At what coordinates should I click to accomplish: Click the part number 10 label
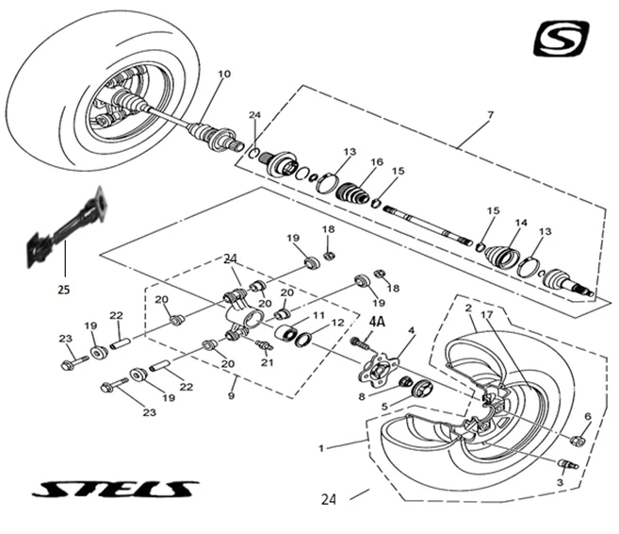pyautogui.click(x=223, y=75)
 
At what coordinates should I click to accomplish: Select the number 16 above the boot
pyautogui.click(x=377, y=162)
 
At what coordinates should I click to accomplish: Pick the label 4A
pyautogui.click(x=377, y=322)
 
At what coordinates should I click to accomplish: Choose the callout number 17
pyautogui.click(x=487, y=314)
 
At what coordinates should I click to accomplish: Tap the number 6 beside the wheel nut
pyautogui.click(x=588, y=416)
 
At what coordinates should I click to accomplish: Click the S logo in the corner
pyautogui.click(x=561, y=38)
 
